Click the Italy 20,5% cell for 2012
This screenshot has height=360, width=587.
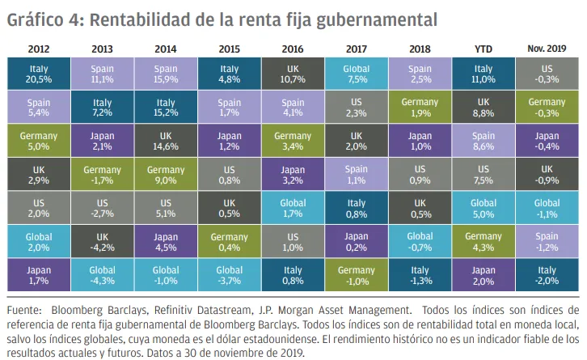[x=38, y=75]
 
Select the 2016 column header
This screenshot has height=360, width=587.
[x=292, y=49]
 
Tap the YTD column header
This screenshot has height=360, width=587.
[x=484, y=49]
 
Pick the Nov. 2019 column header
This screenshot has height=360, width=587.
[x=547, y=49]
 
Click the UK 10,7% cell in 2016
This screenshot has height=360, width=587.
[x=292, y=75]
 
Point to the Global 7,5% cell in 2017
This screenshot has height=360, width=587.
[x=356, y=75]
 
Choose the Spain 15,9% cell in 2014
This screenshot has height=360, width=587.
[x=165, y=75]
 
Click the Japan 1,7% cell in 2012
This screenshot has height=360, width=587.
[x=38, y=276]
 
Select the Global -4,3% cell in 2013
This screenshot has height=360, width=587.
[x=102, y=276]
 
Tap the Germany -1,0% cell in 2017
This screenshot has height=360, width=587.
[x=356, y=276]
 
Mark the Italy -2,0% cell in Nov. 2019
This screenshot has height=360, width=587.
[x=547, y=276]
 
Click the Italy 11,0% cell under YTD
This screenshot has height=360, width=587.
[x=484, y=75]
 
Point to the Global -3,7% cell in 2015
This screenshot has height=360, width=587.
[x=229, y=276]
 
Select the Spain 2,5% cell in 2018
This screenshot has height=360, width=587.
[x=420, y=75]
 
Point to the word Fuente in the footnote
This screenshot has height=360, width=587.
[x=25, y=310]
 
